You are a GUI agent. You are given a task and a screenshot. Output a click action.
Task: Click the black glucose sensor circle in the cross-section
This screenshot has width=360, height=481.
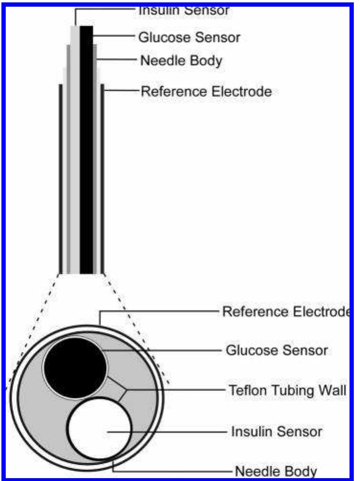click(x=75, y=367)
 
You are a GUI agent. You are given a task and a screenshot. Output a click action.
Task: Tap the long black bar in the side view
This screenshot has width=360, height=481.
click(x=86, y=148)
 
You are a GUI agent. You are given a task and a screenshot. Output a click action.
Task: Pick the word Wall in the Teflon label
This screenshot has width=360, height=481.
click(x=330, y=390)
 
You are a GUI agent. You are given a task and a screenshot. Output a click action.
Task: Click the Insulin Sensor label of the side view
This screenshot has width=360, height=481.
click(x=184, y=10)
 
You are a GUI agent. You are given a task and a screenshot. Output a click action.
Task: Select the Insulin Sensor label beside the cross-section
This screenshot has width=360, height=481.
click(x=276, y=432)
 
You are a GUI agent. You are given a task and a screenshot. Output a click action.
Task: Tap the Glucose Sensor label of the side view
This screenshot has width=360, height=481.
click(x=189, y=37)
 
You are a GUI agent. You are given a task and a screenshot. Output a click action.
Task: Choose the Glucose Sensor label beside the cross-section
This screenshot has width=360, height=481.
click(x=276, y=350)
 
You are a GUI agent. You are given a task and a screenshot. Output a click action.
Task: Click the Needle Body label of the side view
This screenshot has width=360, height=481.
click(x=181, y=61)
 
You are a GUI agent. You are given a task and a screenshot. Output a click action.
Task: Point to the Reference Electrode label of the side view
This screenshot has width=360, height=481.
click(x=206, y=91)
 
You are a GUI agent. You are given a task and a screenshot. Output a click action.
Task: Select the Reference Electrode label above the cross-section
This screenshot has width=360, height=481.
click(x=285, y=312)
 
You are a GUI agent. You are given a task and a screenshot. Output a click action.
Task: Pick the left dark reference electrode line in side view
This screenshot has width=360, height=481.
click(x=60, y=177)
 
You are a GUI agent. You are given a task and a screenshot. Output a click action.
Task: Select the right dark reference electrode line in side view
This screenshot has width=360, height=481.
click(x=103, y=177)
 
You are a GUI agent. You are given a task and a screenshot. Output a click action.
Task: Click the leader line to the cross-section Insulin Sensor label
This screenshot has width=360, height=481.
click(x=167, y=432)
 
